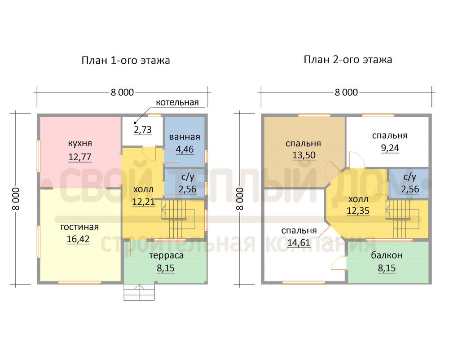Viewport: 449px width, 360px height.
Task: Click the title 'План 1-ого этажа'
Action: (126, 61)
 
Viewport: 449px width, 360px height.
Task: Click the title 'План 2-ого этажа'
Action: (348, 60)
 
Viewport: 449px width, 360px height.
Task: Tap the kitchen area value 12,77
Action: (80, 157)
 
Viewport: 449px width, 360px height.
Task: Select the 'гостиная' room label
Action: (79, 227)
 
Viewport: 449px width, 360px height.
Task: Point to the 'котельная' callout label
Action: (177, 102)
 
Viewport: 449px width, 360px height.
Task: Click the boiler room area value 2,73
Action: (143, 130)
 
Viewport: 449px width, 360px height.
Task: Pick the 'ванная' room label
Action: (185, 137)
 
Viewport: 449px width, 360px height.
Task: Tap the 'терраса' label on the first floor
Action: (166, 255)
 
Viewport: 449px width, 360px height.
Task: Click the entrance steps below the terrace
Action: (139, 292)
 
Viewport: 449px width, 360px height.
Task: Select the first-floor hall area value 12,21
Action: (144, 202)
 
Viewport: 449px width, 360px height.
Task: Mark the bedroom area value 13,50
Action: (304, 155)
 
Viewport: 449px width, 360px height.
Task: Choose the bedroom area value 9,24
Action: (390, 148)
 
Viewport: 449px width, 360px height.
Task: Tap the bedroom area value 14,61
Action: (299, 243)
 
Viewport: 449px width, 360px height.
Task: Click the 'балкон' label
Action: (387, 255)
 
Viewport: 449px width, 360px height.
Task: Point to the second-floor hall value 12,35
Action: (358, 211)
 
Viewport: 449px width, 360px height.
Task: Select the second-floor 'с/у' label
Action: (410, 177)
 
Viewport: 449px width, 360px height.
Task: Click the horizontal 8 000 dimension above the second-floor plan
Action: (346, 92)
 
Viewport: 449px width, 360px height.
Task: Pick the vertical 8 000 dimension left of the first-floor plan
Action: (16, 199)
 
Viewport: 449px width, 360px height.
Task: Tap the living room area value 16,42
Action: (78, 239)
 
